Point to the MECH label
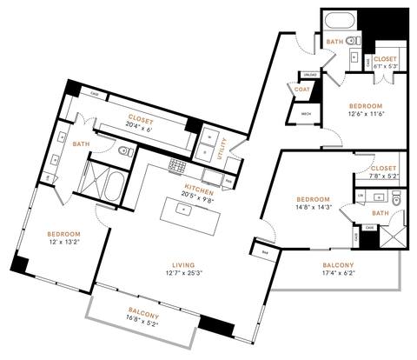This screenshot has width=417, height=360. coord(306,114)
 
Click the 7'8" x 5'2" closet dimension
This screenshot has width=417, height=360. coord(382,177)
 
